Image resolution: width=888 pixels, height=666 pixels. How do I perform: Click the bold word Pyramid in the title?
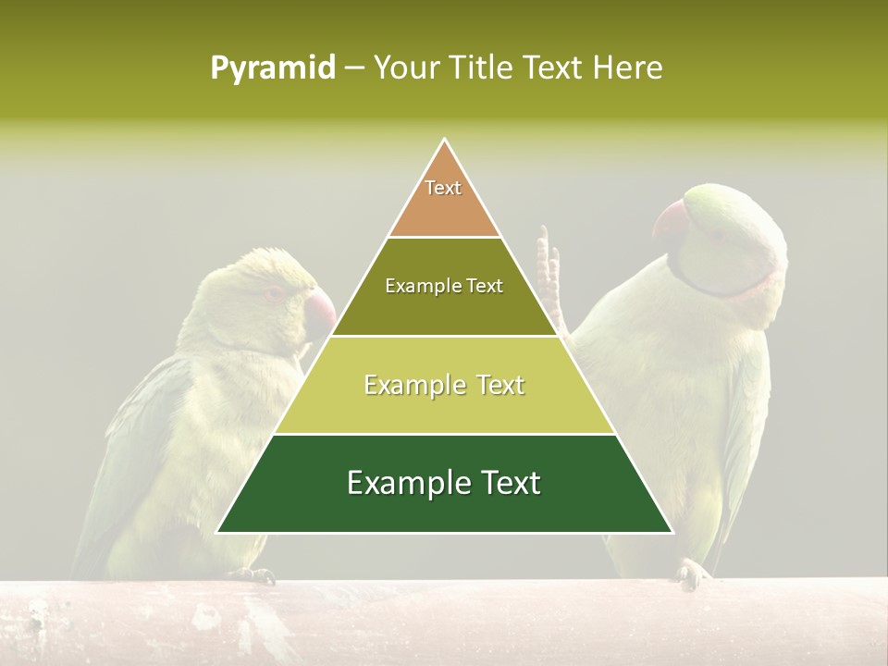click(x=272, y=68)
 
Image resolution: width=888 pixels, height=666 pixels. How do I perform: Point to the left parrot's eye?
click(x=277, y=293)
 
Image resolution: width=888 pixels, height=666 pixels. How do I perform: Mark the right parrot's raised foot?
click(x=549, y=268)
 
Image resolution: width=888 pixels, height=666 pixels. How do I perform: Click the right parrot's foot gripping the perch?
click(x=692, y=574)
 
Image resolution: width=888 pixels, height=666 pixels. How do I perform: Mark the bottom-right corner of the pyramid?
click(x=672, y=532)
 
